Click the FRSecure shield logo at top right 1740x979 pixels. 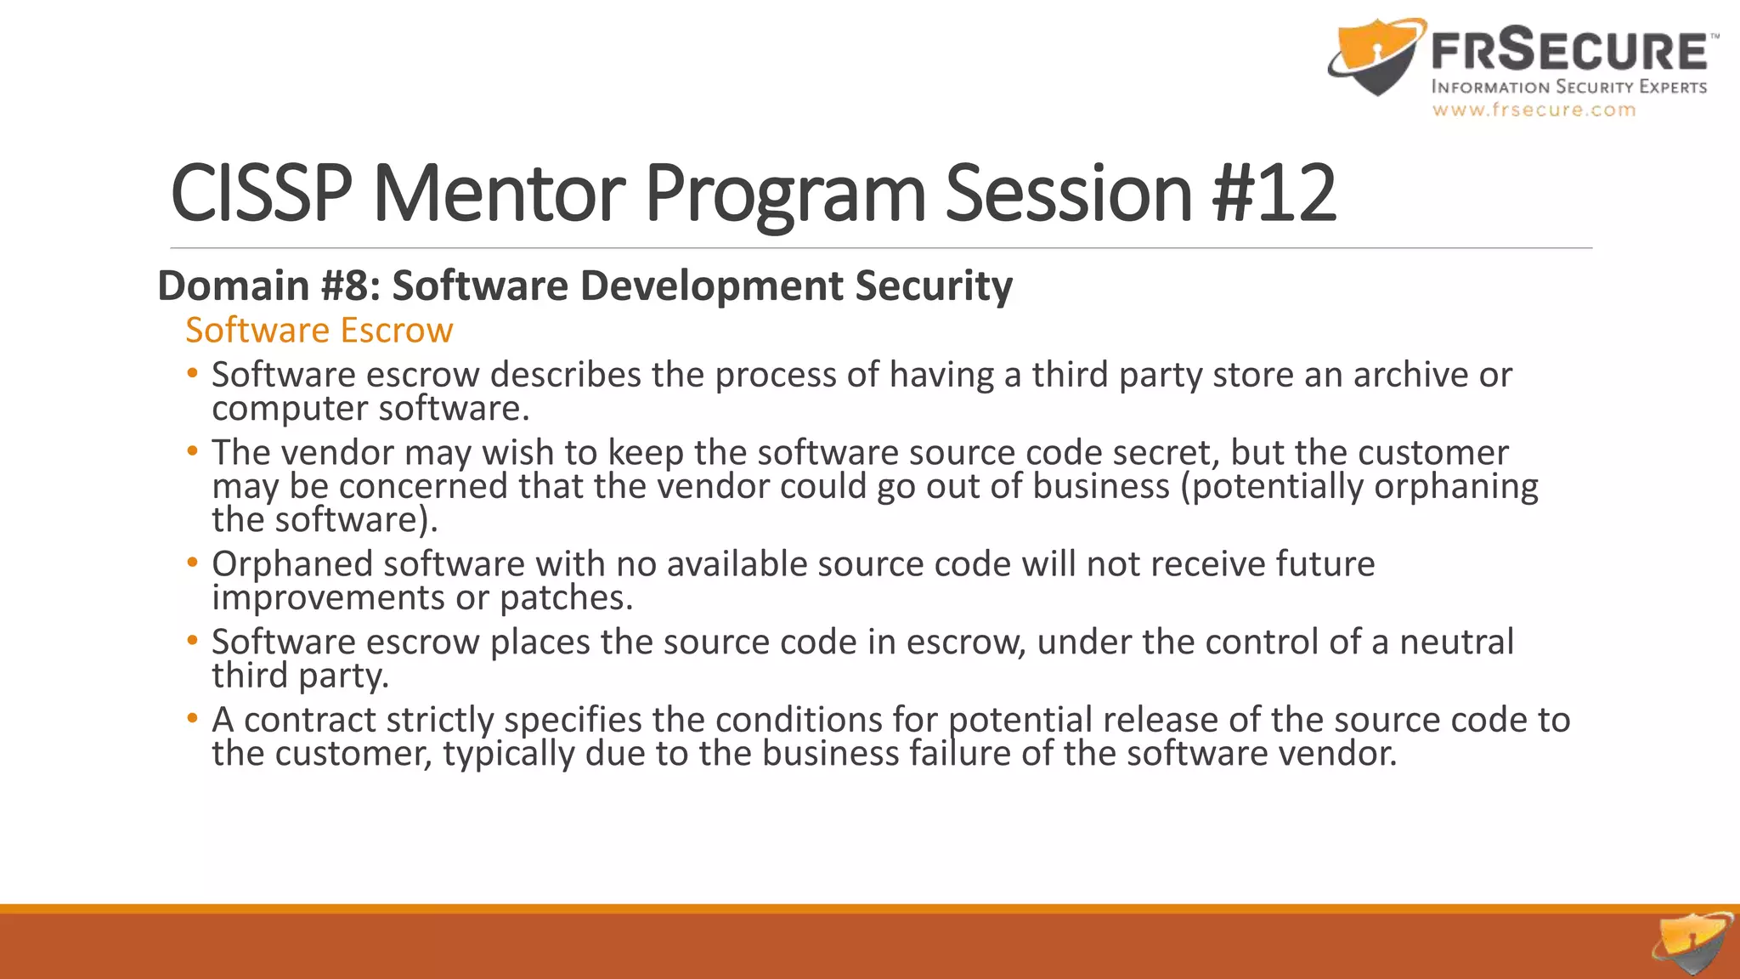click(x=1375, y=57)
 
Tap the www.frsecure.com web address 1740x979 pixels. click(x=1534, y=110)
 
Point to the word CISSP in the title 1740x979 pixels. click(x=261, y=194)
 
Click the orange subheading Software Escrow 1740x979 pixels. click(x=319, y=330)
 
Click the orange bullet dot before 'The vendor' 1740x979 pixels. click(x=193, y=450)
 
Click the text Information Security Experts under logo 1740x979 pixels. click(x=1568, y=87)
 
